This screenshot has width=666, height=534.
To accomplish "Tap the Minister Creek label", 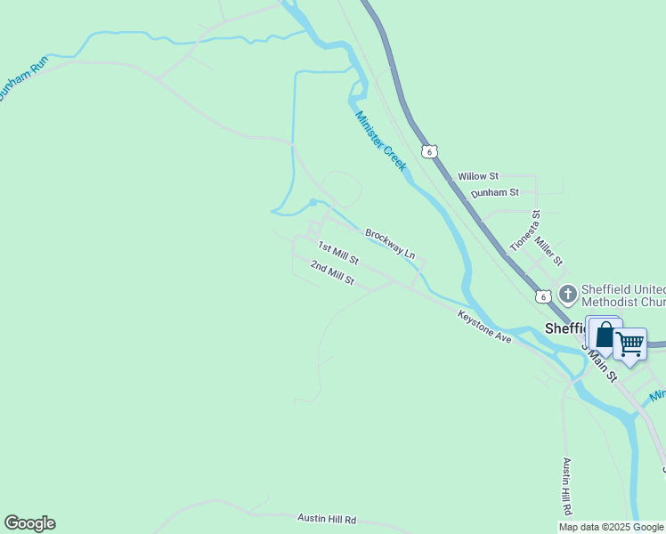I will [x=381, y=141].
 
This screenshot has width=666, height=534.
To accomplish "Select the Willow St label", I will [x=478, y=177].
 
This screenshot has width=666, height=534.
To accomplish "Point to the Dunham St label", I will [x=494, y=192].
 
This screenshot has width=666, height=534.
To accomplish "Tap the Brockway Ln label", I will [x=390, y=243].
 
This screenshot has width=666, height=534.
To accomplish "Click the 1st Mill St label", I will [x=338, y=255].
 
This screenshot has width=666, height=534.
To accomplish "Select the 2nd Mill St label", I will [x=333, y=273].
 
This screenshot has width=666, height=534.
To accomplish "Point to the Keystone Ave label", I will [x=484, y=328].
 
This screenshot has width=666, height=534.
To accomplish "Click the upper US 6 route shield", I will [x=430, y=151].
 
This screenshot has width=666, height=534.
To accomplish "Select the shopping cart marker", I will [x=630, y=343].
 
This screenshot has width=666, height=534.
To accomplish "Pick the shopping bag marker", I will [x=605, y=336].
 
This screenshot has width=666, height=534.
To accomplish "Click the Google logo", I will [x=29, y=523].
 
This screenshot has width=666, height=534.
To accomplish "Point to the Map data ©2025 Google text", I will [x=612, y=527].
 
